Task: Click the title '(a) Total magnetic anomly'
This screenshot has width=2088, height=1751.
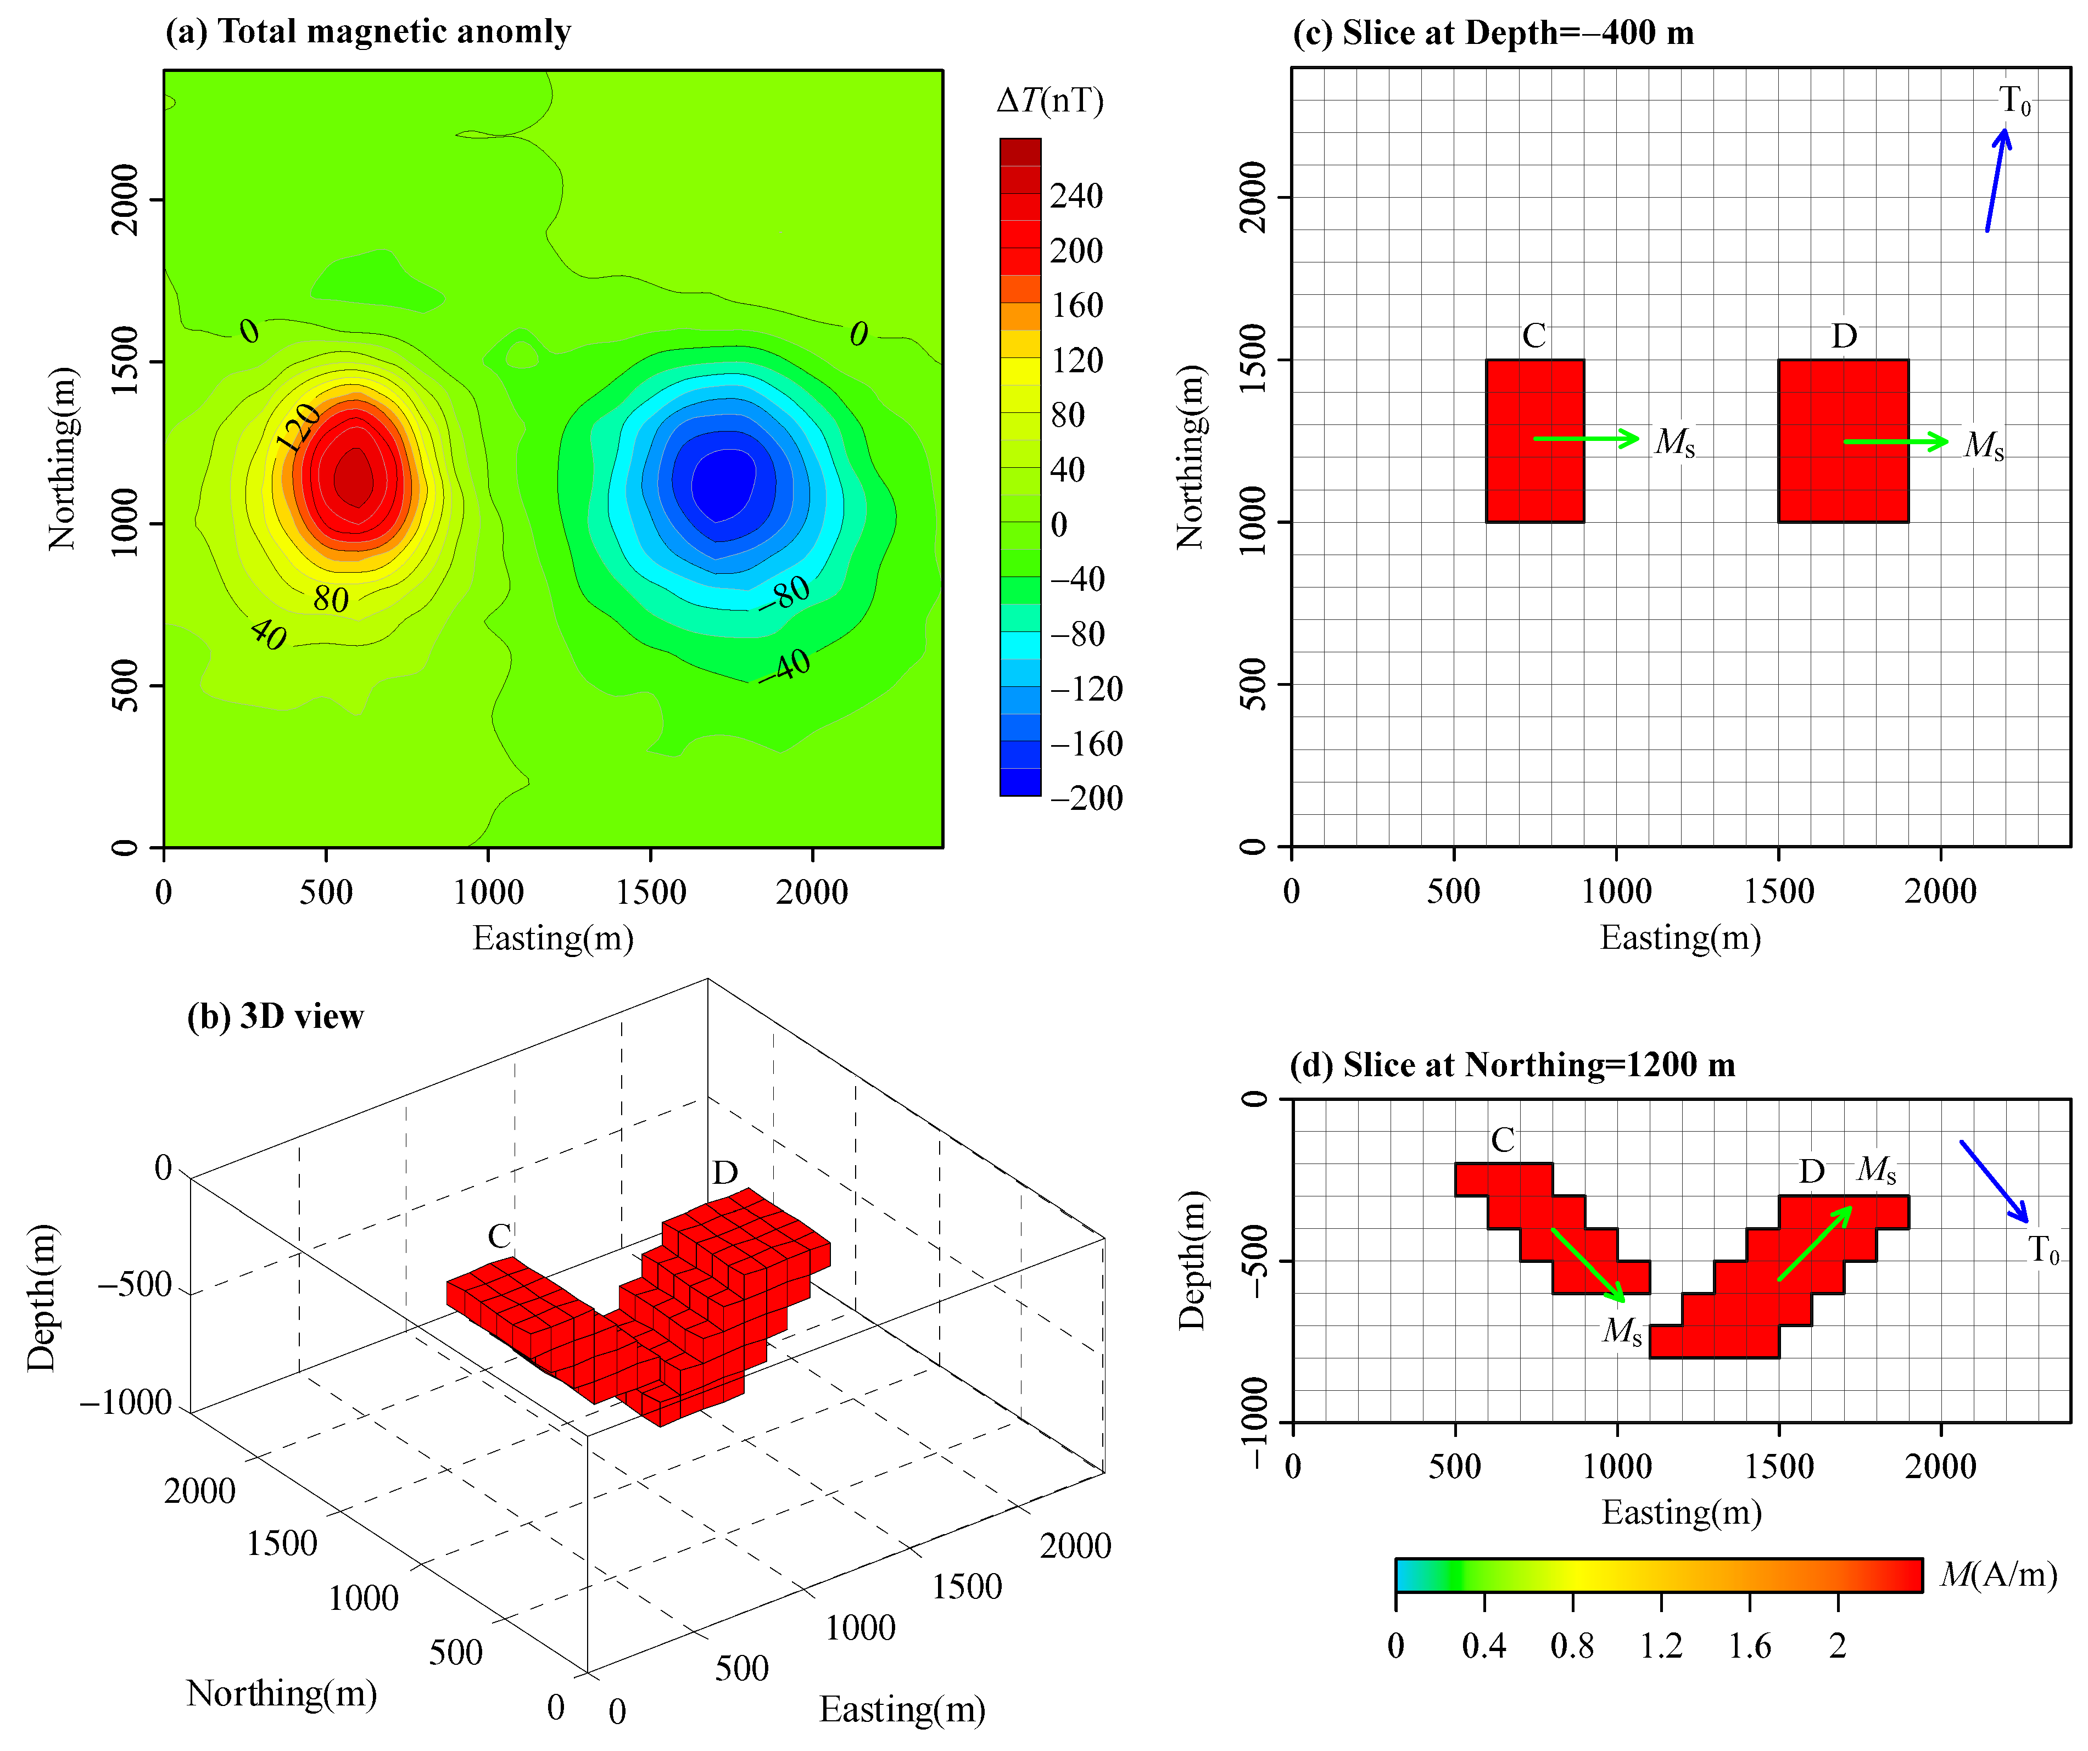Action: (x=368, y=32)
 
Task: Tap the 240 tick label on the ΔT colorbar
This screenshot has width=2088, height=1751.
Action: (x=1076, y=196)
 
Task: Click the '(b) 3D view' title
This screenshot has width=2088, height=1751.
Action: (x=276, y=1016)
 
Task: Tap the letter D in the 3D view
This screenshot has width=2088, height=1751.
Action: (x=725, y=1173)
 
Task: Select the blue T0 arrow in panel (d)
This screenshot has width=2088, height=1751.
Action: (x=1994, y=1181)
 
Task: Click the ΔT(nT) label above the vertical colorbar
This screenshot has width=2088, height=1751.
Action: (x=1050, y=100)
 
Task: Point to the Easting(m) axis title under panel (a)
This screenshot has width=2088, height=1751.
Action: (x=553, y=938)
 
